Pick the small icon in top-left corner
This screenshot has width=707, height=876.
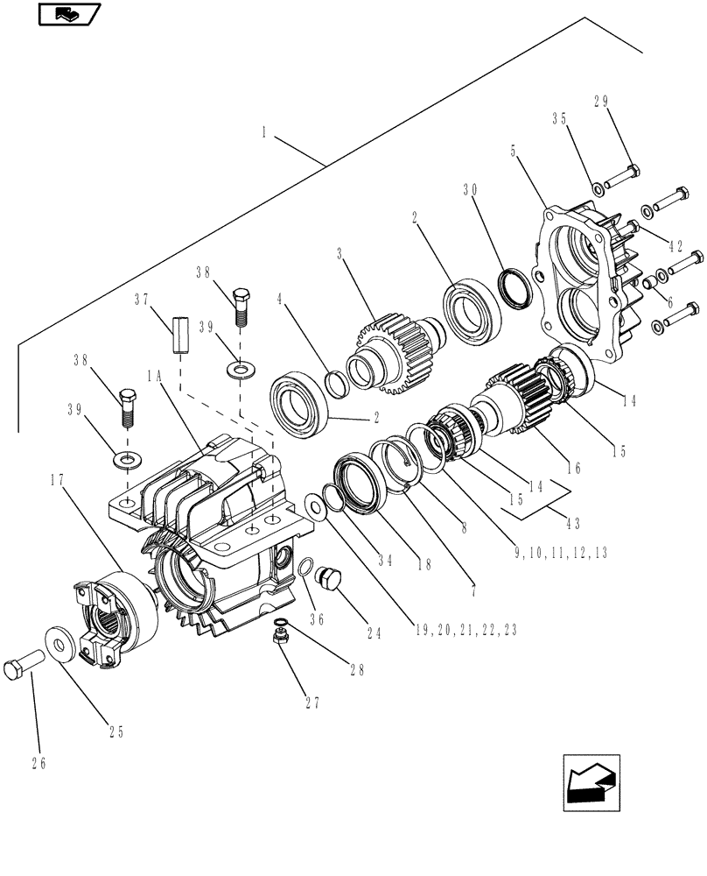(x=70, y=14)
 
